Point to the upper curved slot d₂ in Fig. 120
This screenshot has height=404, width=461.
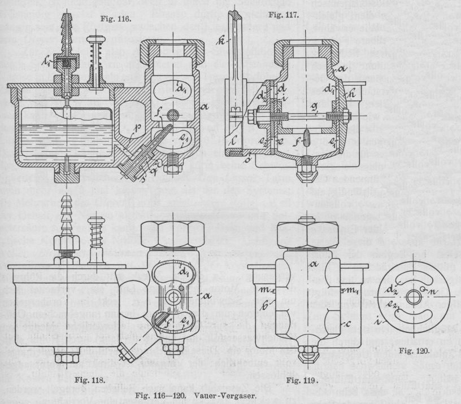click(418, 279)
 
